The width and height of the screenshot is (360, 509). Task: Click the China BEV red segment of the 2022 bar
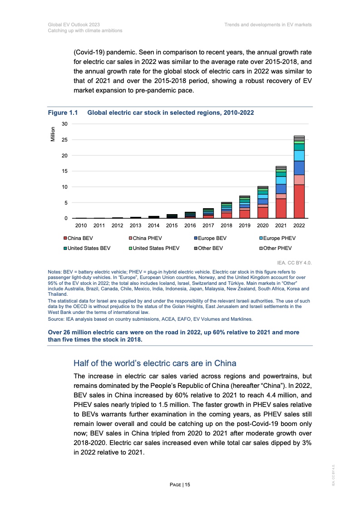[299, 201]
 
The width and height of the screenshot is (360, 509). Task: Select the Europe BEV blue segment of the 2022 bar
[299, 168]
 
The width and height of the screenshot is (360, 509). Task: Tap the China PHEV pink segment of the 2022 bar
[299, 180]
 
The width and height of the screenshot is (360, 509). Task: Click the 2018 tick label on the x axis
[227, 225]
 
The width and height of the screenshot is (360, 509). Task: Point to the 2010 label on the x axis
[81, 225]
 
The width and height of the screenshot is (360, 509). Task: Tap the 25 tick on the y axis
[64, 140]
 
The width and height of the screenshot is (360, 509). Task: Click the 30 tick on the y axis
[64, 124]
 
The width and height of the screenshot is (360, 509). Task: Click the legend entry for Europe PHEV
[279, 238]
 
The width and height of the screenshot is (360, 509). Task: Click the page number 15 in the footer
[180, 485]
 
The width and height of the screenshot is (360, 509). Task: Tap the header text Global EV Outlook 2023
[74, 24]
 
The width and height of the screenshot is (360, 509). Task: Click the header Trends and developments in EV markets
[268, 24]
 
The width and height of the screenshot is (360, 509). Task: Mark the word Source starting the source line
[55, 319]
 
